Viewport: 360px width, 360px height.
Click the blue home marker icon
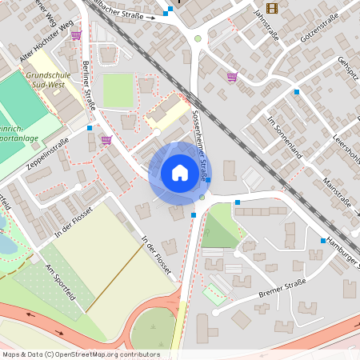[x=180, y=173]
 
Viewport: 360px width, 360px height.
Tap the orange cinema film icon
[x=272, y=8]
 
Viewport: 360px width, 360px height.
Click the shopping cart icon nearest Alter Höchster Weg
[x=76, y=35]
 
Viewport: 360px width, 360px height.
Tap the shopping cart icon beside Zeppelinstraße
[x=106, y=139]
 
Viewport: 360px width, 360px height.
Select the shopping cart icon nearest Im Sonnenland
[x=231, y=77]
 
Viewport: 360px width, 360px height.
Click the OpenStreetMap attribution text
[x=81, y=354]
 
